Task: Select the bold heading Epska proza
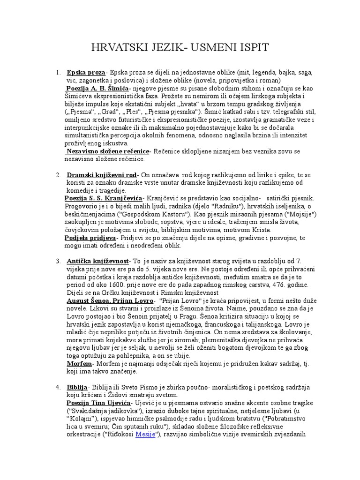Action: click(x=86, y=73)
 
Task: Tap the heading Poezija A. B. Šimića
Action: click(x=97, y=88)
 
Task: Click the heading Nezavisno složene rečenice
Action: click(x=108, y=151)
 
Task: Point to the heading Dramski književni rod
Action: click(x=103, y=175)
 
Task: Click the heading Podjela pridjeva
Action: click(x=90, y=238)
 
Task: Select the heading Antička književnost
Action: click(x=97, y=261)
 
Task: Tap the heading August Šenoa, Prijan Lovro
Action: click(x=110, y=300)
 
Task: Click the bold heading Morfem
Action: click(x=79, y=364)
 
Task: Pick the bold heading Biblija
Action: click(x=77, y=388)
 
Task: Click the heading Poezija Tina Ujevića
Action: click(x=99, y=403)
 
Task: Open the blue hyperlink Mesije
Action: click(x=146, y=435)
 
